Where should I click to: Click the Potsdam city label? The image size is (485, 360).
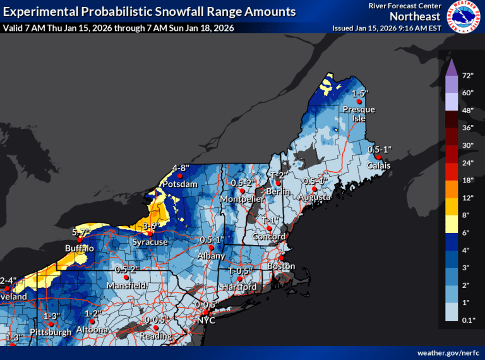[x=181, y=184]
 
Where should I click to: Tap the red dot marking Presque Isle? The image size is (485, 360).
[x=358, y=101]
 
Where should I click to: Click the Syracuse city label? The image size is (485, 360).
[x=150, y=242]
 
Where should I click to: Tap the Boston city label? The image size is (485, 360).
[x=281, y=267]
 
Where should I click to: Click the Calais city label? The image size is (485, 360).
[x=379, y=165]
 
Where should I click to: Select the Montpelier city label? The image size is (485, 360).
[x=241, y=200]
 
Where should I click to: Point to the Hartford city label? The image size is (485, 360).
[x=239, y=287]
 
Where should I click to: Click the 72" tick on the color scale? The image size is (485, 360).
[x=467, y=76]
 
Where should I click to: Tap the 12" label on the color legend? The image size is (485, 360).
[x=467, y=198]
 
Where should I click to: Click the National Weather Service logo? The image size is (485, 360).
[x=465, y=16]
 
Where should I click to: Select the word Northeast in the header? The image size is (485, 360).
[x=414, y=16]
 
